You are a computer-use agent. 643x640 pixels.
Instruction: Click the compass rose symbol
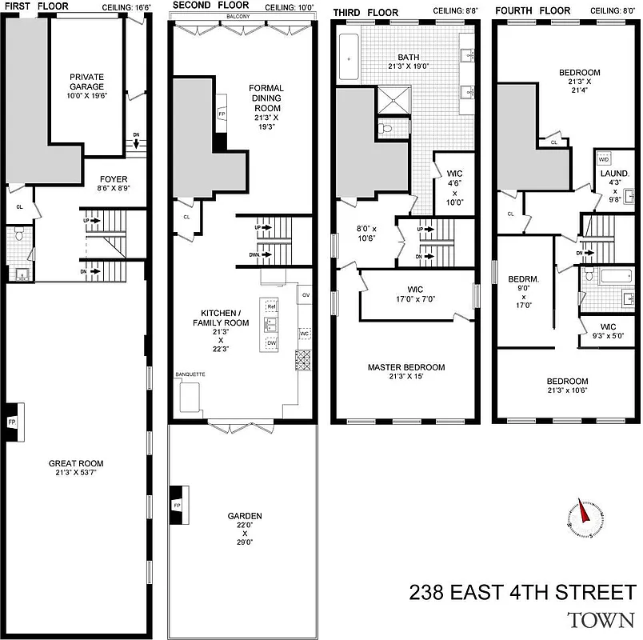pyautogui.click(x=587, y=519)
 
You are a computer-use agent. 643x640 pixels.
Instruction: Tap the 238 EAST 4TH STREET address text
pyautogui.click(x=522, y=593)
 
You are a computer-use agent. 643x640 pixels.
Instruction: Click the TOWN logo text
pyautogui.click(x=601, y=619)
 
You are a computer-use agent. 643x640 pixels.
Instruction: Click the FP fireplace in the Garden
pyautogui.click(x=177, y=506)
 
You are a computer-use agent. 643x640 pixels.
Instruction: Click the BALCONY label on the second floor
pyautogui.click(x=238, y=15)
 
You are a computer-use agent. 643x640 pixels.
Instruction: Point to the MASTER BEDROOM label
pyautogui.click(x=406, y=372)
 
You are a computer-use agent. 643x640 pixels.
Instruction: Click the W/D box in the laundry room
pyautogui.click(x=602, y=160)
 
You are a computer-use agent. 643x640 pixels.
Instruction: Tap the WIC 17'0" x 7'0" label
pyautogui.click(x=415, y=294)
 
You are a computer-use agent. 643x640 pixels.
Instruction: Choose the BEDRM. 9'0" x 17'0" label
pyautogui.click(x=522, y=291)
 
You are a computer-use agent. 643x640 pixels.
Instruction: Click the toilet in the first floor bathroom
pyautogui.click(x=20, y=235)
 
